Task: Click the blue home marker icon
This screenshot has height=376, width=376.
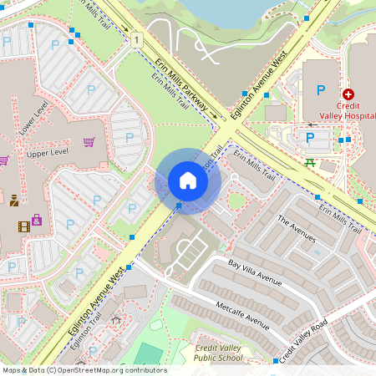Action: (x=188, y=180)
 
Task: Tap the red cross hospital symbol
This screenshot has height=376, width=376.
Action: (x=348, y=96)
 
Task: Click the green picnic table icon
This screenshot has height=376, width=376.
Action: (x=310, y=162)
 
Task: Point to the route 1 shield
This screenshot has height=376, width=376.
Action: (x=135, y=39)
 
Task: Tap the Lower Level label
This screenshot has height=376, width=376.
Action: (x=34, y=120)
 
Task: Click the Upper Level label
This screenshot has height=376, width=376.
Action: (x=47, y=155)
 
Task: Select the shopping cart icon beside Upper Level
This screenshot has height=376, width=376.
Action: (x=89, y=142)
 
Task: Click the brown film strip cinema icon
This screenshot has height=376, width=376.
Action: (x=23, y=226)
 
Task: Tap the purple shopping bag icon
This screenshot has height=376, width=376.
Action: (x=37, y=221)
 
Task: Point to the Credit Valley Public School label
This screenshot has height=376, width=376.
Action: (x=219, y=352)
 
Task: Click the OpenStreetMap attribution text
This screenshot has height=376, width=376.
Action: (x=84, y=370)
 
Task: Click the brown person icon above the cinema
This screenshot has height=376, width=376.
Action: (x=14, y=200)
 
